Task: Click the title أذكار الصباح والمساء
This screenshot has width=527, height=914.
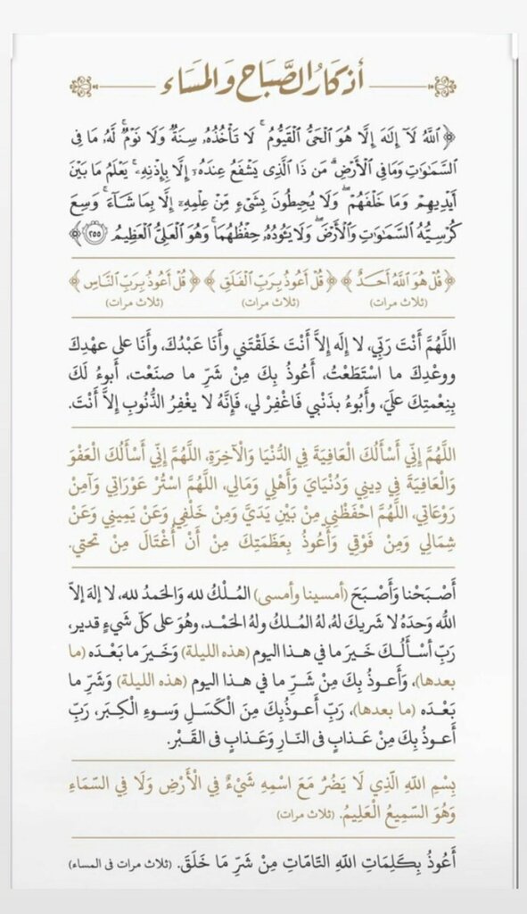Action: (x=263, y=86)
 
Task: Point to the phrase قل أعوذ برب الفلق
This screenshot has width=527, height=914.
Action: (x=265, y=286)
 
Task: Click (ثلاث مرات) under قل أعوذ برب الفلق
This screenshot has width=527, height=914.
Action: (x=265, y=305)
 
